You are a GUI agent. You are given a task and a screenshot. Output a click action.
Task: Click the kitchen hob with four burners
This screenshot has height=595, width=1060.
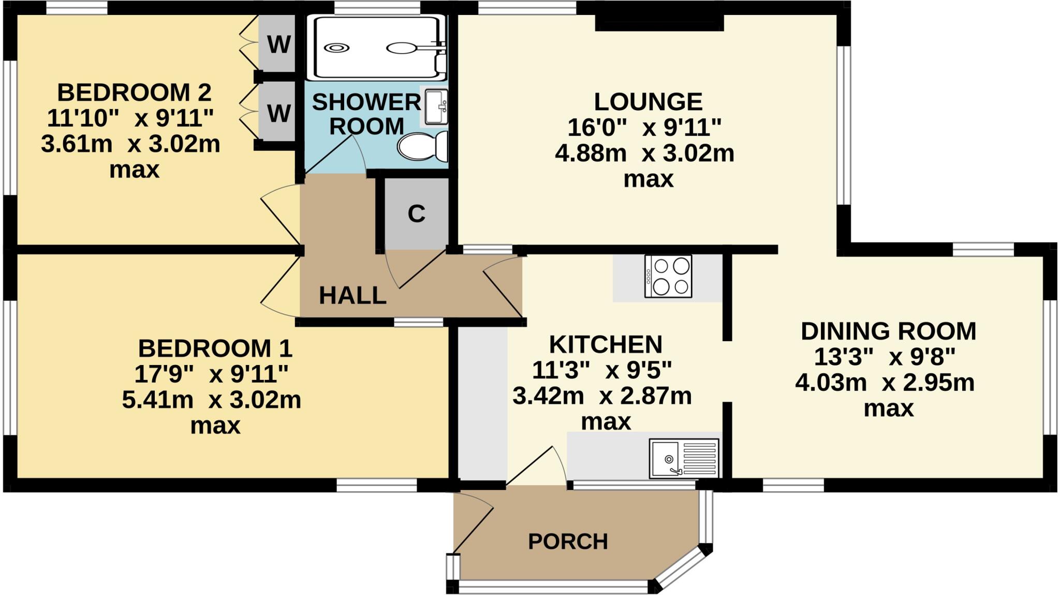[x=668, y=277]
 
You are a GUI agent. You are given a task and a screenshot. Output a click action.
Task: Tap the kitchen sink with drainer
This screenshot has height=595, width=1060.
[x=684, y=459]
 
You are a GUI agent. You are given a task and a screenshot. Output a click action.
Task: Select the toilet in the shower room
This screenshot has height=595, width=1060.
[x=422, y=146]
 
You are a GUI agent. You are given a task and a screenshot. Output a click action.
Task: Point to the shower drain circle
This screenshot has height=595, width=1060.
[x=336, y=48]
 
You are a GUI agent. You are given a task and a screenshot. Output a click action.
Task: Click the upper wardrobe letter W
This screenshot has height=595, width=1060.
[x=278, y=45]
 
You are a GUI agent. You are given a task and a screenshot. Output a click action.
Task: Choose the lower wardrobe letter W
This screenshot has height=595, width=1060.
[x=278, y=113]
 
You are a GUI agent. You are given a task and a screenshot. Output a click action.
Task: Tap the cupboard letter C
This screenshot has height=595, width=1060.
[x=416, y=213]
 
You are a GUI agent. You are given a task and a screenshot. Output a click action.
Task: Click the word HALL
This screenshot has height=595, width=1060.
[x=352, y=296]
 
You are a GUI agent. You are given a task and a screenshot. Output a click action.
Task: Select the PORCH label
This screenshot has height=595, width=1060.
[x=568, y=542]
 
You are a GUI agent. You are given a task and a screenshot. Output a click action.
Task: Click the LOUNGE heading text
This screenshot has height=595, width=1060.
[x=647, y=102]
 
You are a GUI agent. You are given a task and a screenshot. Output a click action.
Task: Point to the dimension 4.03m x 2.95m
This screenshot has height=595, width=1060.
[x=885, y=383]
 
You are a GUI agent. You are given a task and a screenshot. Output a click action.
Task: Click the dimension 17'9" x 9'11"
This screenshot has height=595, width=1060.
[x=211, y=374]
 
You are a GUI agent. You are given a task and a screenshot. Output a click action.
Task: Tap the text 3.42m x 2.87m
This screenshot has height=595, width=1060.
[x=602, y=396]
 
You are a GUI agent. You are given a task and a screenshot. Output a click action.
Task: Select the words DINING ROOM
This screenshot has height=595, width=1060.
[x=888, y=331]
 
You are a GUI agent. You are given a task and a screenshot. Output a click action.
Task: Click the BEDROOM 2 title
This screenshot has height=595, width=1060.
[x=134, y=93]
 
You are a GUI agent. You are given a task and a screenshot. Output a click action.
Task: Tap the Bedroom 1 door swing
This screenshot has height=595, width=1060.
[x=279, y=287]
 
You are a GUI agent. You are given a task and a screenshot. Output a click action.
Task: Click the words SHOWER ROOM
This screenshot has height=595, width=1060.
[x=366, y=114]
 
